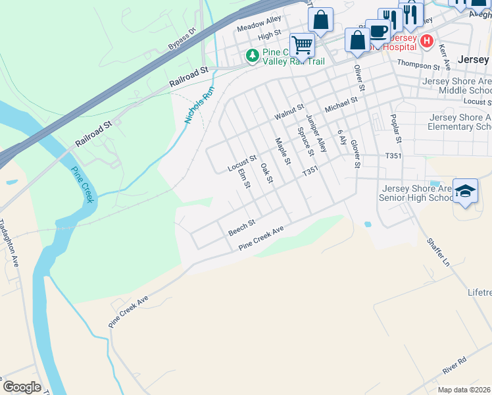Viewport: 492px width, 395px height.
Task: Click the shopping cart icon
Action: pyautogui.click(x=302, y=45)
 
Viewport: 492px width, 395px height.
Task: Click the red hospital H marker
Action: pyautogui.click(x=427, y=41)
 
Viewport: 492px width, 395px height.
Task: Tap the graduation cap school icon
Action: pyautogui.click(x=466, y=191)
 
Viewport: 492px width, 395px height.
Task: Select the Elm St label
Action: pyautogui.click(x=245, y=178)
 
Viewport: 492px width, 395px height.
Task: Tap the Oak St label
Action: pyautogui.click(x=266, y=173)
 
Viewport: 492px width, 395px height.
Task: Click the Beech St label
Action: pyautogui.click(x=241, y=228)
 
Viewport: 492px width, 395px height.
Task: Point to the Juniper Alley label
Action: pyautogui.click(x=316, y=134)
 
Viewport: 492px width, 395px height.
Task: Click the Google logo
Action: pyautogui.click(x=22, y=387)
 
